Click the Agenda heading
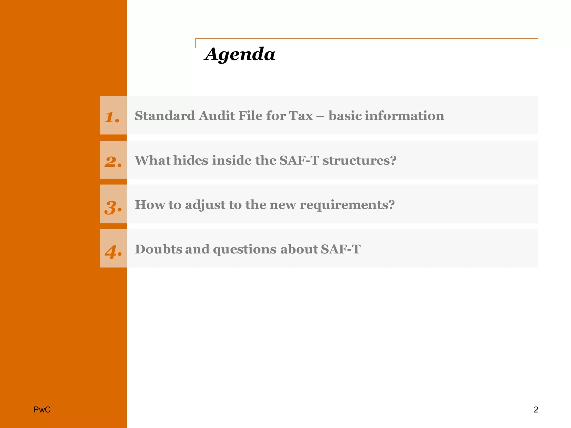tap(240, 54)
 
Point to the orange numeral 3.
tap(113, 207)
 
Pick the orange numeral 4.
tap(113, 252)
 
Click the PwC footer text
tap(42, 410)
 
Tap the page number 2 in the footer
tap(536, 410)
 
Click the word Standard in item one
tap(165, 116)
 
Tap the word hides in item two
tap(191, 160)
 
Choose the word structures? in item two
tap(359, 160)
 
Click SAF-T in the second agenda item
tap(299, 160)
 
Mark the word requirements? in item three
tap(347, 205)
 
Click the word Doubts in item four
tap(158, 249)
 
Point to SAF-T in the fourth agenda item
tap(340, 249)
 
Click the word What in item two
tap(152, 160)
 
